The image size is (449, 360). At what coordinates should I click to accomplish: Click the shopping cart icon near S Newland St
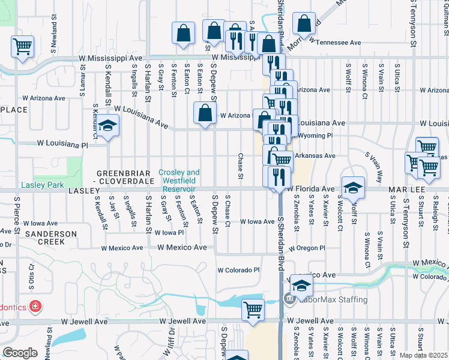pos(22,46)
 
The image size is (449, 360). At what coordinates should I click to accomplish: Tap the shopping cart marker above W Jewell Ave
pos(253,310)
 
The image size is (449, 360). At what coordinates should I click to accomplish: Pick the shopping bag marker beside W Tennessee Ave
pos(304,25)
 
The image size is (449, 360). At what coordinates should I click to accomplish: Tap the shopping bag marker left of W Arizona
pos(205,113)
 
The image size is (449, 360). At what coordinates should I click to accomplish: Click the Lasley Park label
pos(42,185)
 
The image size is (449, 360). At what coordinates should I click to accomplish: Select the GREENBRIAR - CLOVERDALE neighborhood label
pos(125,176)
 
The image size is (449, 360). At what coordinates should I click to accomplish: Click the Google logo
pos(20,353)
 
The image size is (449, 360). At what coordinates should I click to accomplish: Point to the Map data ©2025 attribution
pos(424,355)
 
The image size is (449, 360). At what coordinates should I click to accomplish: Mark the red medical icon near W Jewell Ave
pos(35,307)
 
